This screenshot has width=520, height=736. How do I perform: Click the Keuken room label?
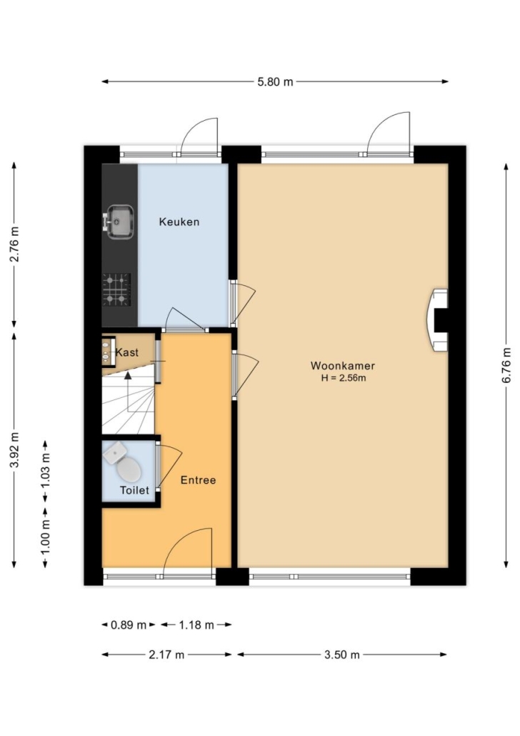(179, 222)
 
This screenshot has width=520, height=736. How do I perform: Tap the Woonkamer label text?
(343, 366)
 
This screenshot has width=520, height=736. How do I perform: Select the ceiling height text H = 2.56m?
(344, 378)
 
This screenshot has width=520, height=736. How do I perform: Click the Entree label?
(198, 480)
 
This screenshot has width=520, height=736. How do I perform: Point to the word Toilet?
(134, 490)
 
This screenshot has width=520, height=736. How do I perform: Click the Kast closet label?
(127, 352)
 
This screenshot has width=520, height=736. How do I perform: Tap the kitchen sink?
(119, 222)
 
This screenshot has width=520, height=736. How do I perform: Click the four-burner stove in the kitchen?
(116, 289)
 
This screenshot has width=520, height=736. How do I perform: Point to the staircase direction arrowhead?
(128, 375)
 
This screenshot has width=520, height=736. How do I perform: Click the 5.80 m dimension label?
(275, 82)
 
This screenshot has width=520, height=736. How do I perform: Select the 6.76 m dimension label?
(506, 366)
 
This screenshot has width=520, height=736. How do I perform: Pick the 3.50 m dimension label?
(341, 655)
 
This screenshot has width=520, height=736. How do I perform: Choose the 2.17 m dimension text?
(166, 655)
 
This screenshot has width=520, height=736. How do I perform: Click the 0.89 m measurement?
(129, 625)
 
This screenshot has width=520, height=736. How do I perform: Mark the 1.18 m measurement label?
(196, 625)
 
